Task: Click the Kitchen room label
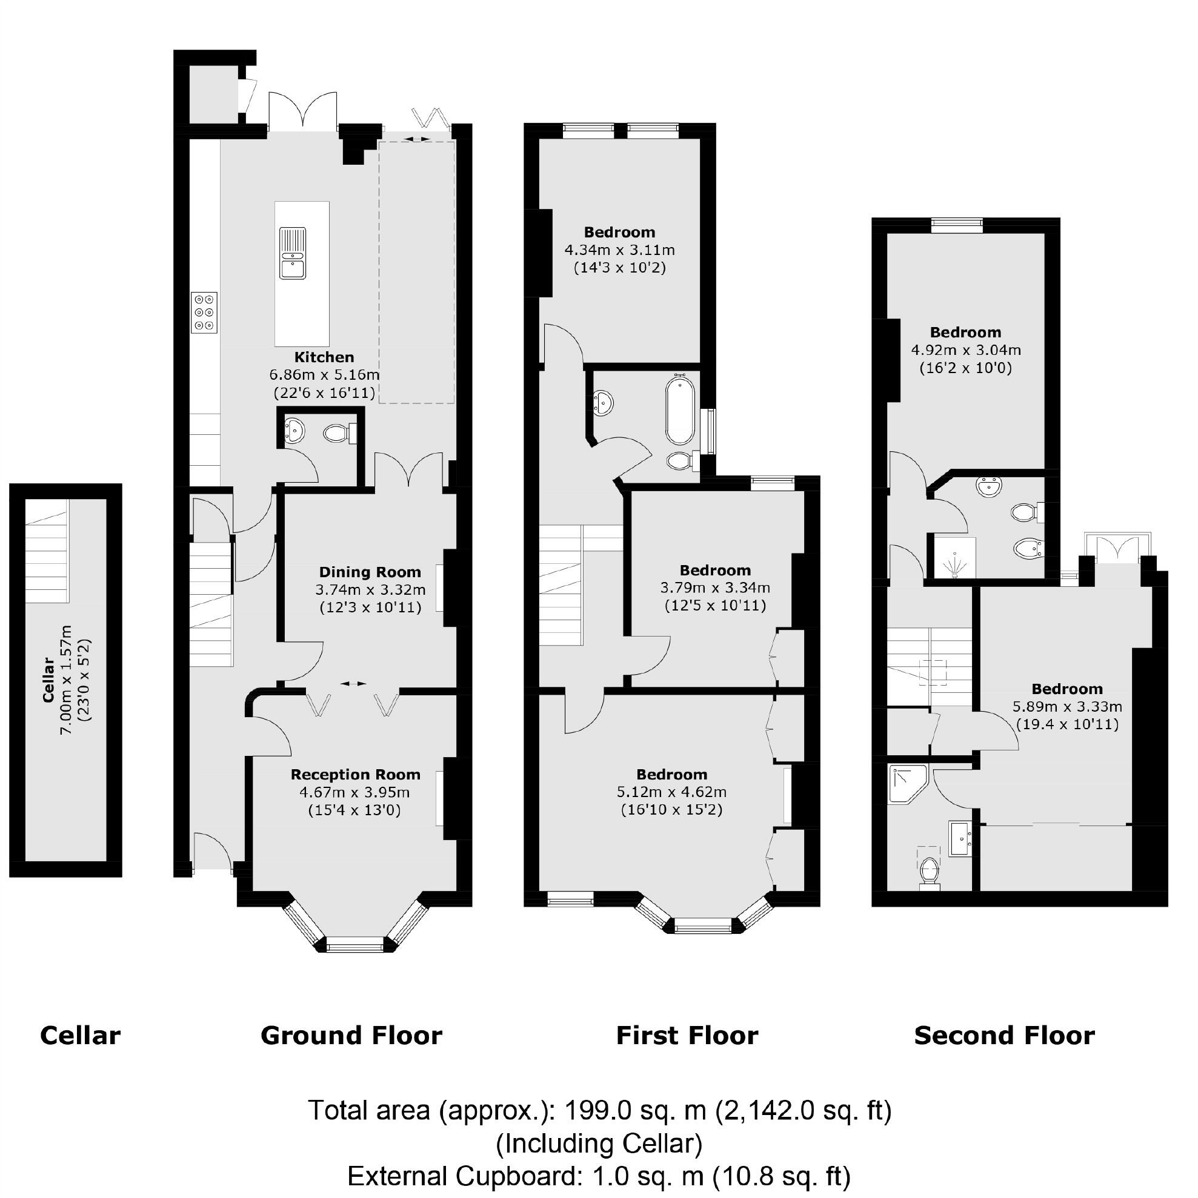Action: pyautogui.click(x=324, y=357)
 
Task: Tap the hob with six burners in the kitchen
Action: pyautogui.click(x=204, y=313)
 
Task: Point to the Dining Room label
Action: pyautogui.click(x=370, y=572)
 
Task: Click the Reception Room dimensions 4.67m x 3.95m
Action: pyautogui.click(x=354, y=792)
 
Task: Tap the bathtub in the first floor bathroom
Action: pyautogui.click(x=680, y=411)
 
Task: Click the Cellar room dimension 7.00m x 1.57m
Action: pyautogui.click(x=67, y=680)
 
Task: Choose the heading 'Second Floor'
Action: pyautogui.click(x=1004, y=1036)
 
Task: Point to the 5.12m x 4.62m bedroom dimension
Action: pyautogui.click(x=671, y=792)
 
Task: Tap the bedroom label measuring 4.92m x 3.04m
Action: pyautogui.click(x=965, y=333)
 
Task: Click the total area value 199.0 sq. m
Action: pyautogui.click(x=634, y=1111)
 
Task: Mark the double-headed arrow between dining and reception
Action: pyautogui.click(x=353, y=683)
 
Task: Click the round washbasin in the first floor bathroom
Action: pyautogui.click(x=602, y=403)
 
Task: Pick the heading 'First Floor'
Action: pyautogui.click(x=687, y=1036)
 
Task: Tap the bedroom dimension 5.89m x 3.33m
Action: pyautogui.click(x=1067, y=706)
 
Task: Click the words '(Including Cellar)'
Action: pyautogui.click(x=599, y=1143)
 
